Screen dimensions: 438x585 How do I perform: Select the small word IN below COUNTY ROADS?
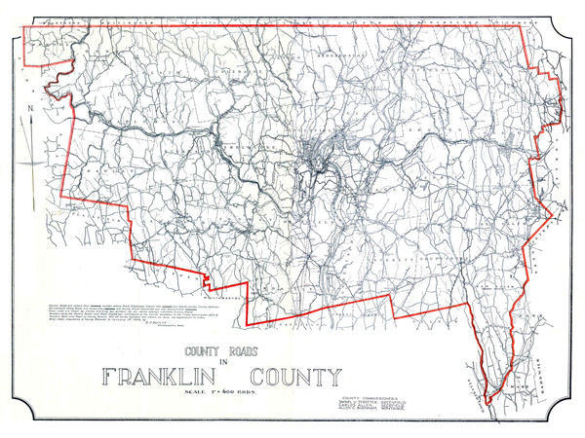[x=222, y=361]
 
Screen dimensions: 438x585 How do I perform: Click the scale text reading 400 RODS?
[x=235, y=392]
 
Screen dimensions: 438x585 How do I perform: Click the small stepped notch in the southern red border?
[x=208, y=279]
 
